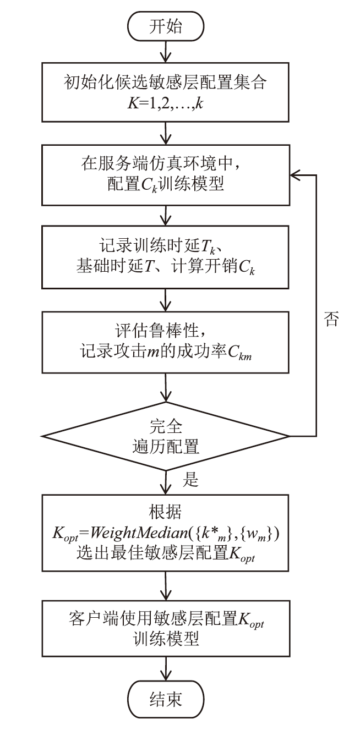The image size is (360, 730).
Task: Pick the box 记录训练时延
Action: click(166, 258)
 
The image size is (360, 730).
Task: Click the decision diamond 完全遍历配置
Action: click(166, 436)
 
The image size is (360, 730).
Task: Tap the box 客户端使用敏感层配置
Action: click(166, 628)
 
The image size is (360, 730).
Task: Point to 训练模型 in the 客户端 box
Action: click(166, 640)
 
